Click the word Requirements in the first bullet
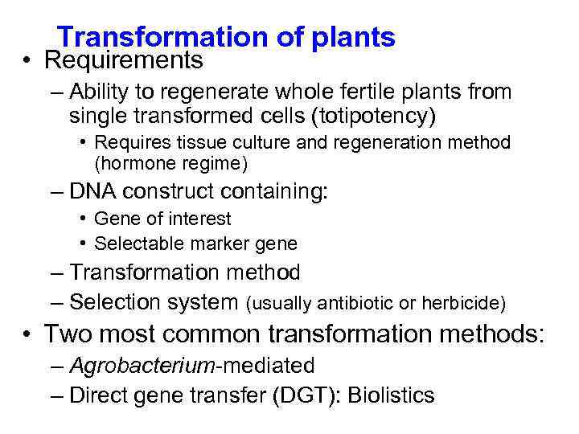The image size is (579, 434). click(x=124, y=60)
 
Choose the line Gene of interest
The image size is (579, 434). click(x=162, y=219)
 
